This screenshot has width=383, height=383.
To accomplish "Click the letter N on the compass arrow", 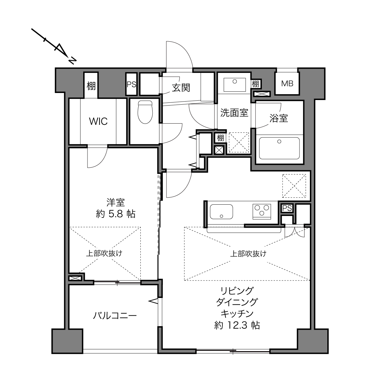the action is coord(72,61).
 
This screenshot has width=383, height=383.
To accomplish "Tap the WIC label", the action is coord(99,121).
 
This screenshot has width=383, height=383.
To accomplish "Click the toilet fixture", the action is coord(145,112).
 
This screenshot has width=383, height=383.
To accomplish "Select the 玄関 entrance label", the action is coord(181,88).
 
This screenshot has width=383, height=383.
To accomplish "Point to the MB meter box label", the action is coord(287,84).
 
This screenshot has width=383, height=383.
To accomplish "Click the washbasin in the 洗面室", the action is coord(235,85).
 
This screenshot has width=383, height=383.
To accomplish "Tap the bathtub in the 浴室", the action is coord(279,148).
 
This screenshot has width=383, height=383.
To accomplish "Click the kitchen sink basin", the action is coord(221,212).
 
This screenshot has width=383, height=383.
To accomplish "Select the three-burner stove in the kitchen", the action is coord(262,212).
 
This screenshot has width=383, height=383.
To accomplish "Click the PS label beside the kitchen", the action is coord(287,208).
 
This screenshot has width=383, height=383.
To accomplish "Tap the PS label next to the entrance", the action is coord(131,84).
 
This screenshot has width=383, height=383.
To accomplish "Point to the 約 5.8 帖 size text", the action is coord(115,214).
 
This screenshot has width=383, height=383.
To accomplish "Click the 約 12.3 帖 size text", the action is coord(237,325).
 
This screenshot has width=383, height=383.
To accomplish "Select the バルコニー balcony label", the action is coord(115,316).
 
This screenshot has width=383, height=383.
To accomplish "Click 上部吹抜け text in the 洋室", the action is coord(104,253).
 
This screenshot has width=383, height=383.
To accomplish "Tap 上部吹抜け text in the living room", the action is coord(248,254).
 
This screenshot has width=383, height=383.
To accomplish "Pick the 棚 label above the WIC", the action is coord(91,86).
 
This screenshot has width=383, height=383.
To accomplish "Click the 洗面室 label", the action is coord(234,113).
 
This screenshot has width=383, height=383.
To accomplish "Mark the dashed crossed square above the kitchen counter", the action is coord(294,186).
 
